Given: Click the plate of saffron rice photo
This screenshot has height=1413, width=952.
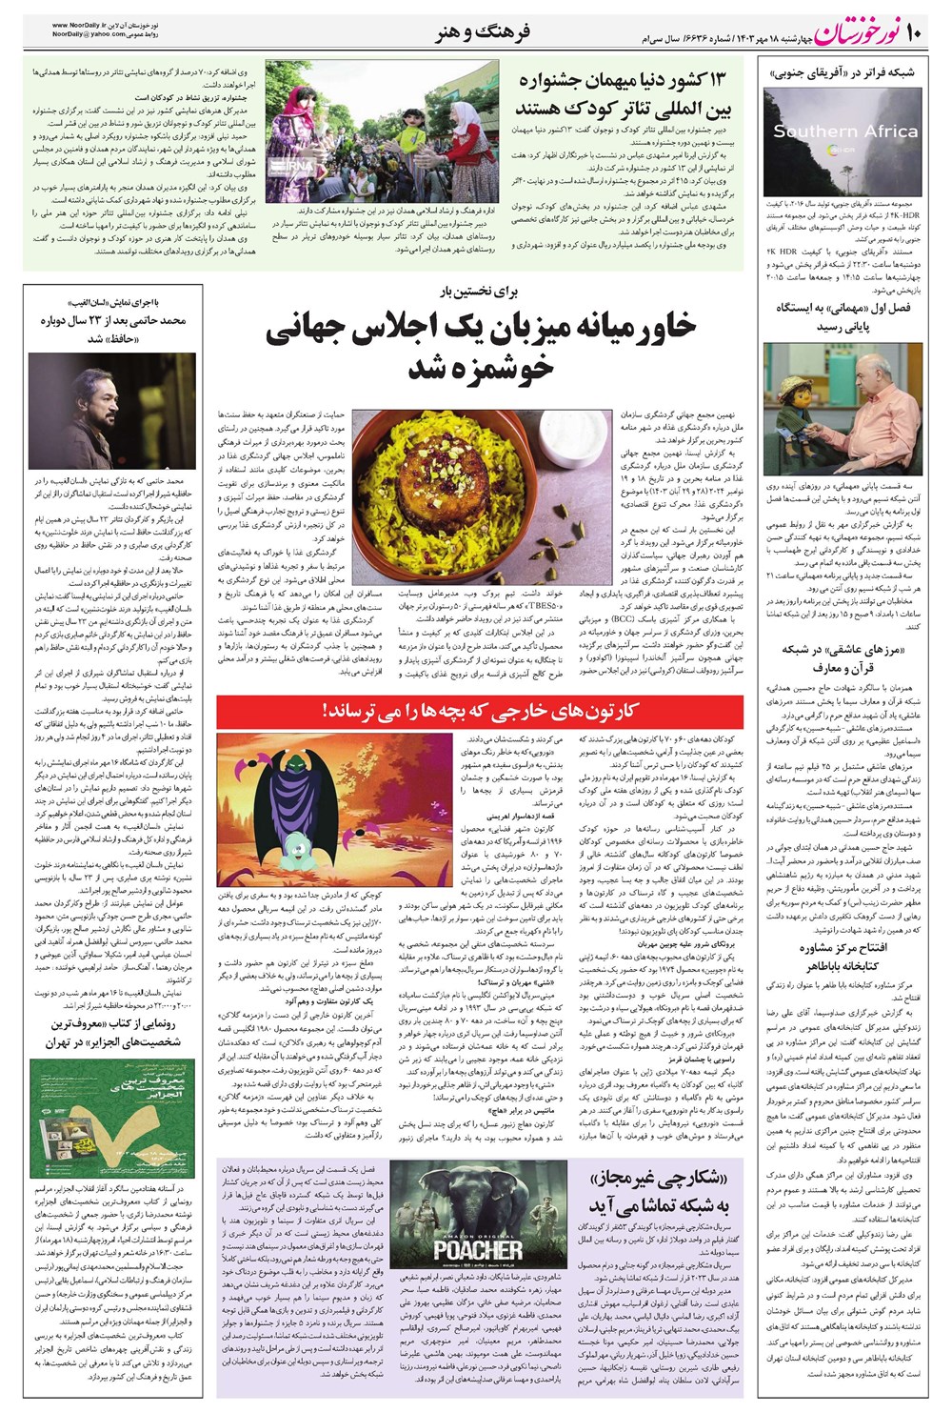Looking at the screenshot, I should click(482, 482).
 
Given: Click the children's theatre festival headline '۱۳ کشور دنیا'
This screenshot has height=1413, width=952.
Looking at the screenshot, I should click(625, 92).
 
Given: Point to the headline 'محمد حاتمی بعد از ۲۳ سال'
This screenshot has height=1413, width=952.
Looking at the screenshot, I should click(113, 329).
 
